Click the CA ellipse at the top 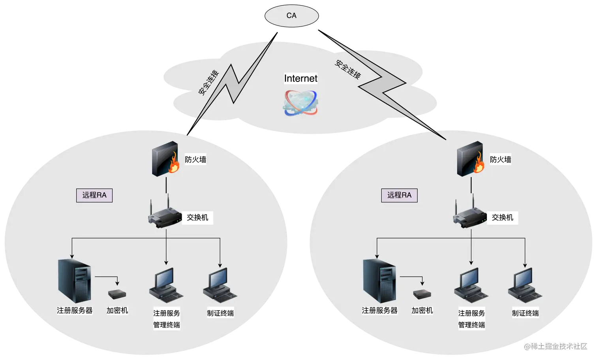pos(291,15)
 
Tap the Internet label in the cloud pos(300,78)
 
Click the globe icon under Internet pos(300,103)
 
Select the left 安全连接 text pos(208,83)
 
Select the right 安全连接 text pos(348,69)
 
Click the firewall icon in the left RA pos(166,158)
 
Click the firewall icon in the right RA pos(471,158)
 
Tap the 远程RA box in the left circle pos(94,195)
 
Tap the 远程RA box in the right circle pos(399,195)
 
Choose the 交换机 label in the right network pos(502,217)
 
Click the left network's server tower pos(75,280)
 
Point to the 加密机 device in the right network pos(422,294)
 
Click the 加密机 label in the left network pos(117,311)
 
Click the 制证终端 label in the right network pos(525,313)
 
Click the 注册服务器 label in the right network pos(379,311)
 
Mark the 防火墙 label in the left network pos(195,160)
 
